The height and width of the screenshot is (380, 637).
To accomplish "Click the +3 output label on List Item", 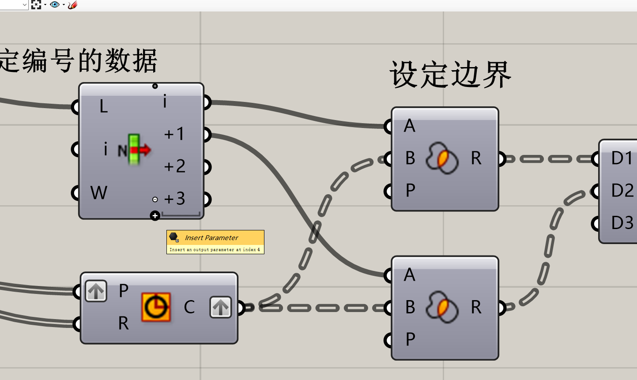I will pos(174,199).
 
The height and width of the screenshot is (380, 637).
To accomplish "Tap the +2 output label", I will pos(174,166).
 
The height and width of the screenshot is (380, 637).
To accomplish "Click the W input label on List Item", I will pos(98,193).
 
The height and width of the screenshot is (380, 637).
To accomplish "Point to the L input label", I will pos(103,106).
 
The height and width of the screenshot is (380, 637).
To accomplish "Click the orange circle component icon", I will pos(156,307).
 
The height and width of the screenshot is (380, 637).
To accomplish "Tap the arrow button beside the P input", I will pos(96,291).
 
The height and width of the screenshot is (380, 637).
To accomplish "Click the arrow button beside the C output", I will pos(220,307).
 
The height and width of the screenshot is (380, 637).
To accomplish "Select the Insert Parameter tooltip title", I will pos(211,238).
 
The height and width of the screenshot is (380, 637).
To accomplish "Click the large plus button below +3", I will pos(155,216).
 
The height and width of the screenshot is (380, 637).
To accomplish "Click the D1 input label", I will pos(622,158).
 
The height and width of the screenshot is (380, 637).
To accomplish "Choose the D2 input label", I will pos(622,191).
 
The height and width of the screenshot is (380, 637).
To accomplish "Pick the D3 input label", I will pos(622,223).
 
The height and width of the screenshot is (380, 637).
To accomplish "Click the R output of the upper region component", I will pos(476,158).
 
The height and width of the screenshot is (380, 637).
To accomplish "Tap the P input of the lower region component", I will pos(410,339).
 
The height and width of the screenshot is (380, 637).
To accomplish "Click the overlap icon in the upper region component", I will pos(442,158).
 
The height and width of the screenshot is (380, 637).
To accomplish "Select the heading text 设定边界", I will pos(450,75).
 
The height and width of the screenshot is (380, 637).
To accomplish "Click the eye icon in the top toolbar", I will pos(55,4).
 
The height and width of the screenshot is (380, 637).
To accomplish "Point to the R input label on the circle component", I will pos(123,324).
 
